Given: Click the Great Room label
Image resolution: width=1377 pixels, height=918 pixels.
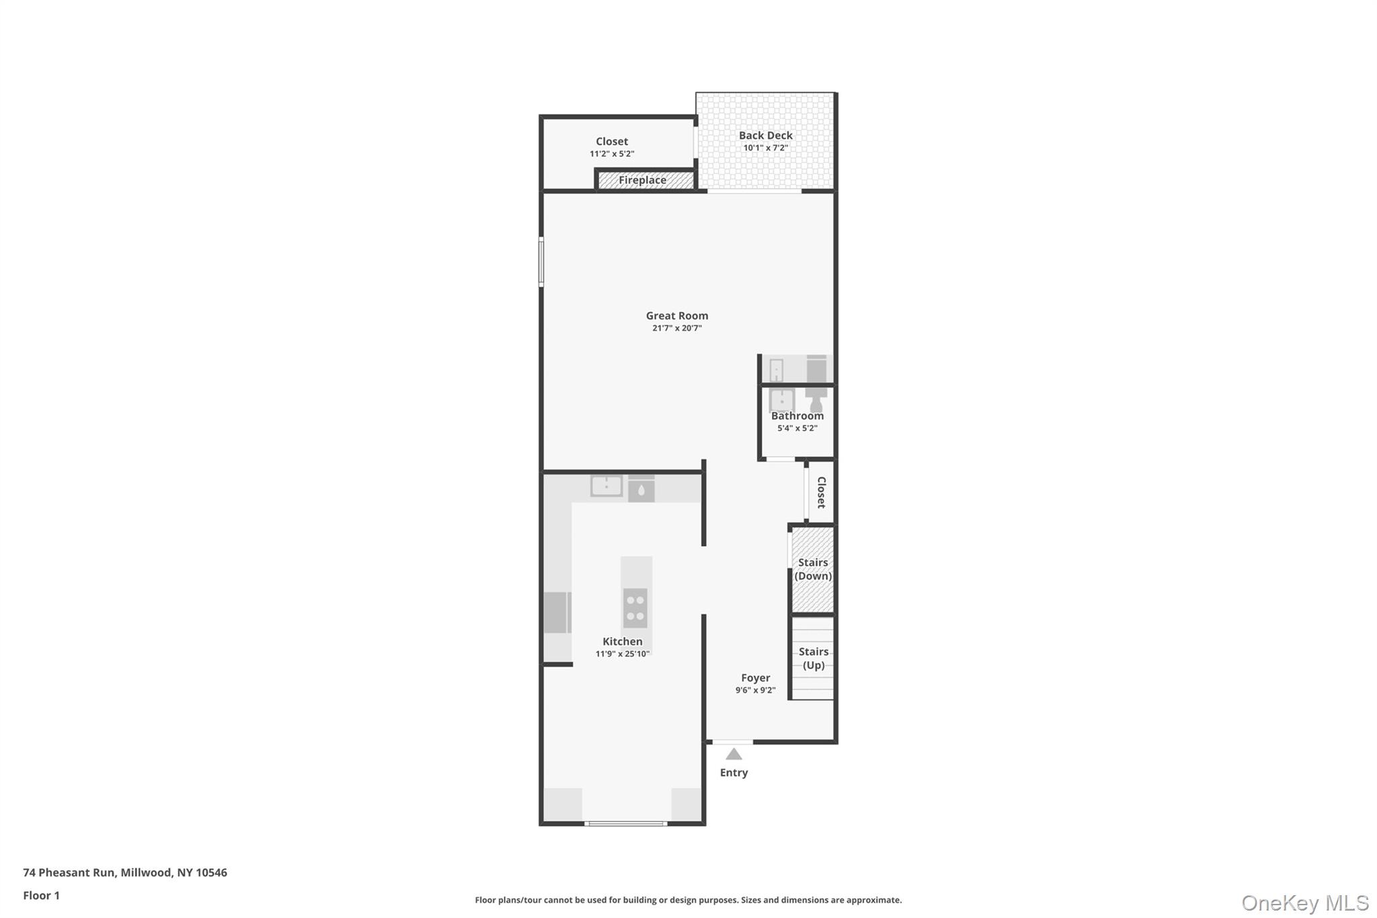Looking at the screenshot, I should (x=676, y=315).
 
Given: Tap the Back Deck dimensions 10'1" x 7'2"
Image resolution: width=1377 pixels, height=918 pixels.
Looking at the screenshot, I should (x=765, y=148).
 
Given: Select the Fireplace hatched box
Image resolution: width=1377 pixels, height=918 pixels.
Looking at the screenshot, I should (x=644, y=180).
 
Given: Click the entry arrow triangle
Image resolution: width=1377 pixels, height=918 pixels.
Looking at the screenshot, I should (x=734, y=755).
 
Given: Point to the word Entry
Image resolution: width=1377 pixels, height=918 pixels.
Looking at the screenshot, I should (x=734, y=773).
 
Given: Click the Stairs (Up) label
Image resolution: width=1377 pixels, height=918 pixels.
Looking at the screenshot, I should (x=813, y=658).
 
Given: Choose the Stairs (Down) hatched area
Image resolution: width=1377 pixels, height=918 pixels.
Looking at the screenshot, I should (x=813, y=570).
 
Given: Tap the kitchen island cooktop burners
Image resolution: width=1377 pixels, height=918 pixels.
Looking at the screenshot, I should (x=635, y=608).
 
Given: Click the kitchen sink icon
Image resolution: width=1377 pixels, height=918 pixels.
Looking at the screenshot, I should (x=606, y=486).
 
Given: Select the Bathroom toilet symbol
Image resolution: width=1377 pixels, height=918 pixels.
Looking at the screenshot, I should (x=816, y=401).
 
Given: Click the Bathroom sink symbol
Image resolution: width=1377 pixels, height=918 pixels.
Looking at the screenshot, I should (x=782, y=401).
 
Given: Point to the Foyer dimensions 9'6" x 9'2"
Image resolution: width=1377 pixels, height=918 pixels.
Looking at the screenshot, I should (x=755, y=691).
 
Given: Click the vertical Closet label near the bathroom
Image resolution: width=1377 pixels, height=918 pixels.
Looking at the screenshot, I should (x=821, y=492).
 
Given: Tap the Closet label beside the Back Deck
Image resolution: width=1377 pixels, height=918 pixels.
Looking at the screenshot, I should (x=612, y=141).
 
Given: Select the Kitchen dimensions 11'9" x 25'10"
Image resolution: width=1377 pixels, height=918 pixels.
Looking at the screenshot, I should (x=622, y=654).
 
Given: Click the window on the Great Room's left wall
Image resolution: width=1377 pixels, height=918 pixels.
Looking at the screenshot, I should (x=541, y=262).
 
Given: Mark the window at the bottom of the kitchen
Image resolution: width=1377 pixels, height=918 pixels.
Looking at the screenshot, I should (x=625, y=823).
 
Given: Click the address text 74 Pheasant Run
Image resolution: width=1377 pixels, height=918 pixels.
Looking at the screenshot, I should (x=125, y=872).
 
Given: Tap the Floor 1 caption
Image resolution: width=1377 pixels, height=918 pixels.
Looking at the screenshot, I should (x=42, y=895).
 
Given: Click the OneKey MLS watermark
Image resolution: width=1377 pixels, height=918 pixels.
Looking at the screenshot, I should (x=1304, y=903).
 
